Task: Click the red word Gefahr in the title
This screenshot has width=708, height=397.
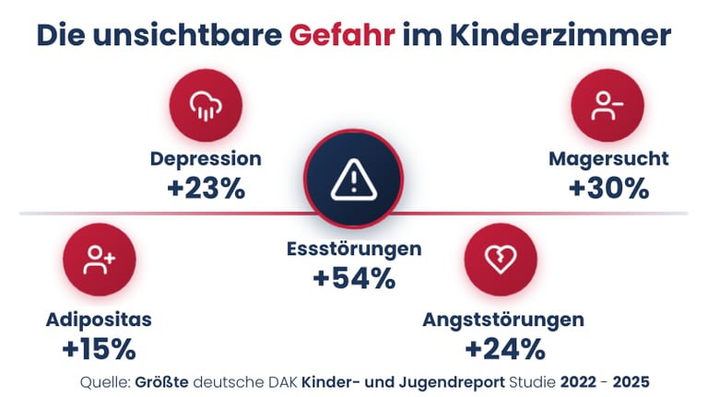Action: (342, 36)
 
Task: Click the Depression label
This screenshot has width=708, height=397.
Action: (206, 158)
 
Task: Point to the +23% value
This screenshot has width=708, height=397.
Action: (206, 188)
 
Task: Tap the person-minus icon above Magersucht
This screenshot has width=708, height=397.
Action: (608, 107)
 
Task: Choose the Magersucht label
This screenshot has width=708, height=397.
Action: (608, 158)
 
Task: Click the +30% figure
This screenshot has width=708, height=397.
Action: (608, 188)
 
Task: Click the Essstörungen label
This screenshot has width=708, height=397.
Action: (354, 249)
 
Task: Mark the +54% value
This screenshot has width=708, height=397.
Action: (354, 277)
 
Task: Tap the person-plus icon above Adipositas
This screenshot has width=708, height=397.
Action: (99, 261)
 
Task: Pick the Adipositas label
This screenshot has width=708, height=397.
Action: (99, 320)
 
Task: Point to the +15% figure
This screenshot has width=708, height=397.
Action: (99, 349)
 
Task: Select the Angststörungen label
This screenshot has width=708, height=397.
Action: (503, 320)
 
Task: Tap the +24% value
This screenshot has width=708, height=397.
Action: (503, 349)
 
